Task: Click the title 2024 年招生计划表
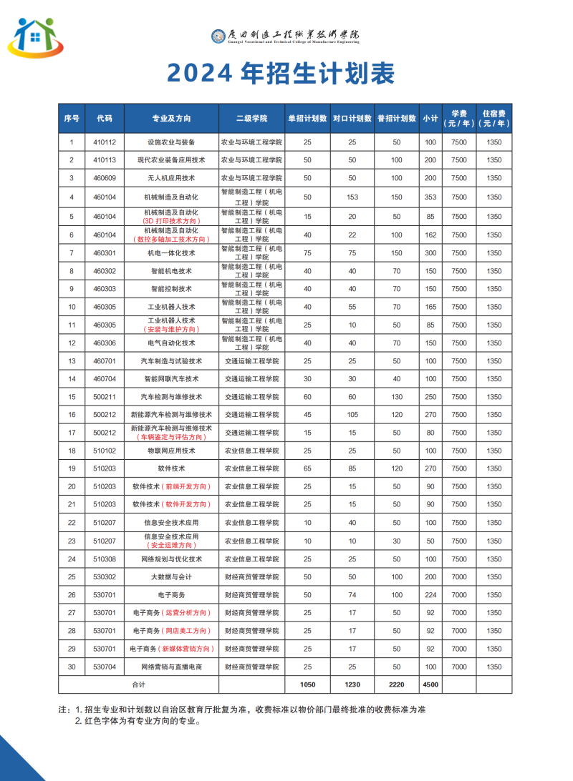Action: pyautogui.click(x=281, y=72)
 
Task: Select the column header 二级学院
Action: pyautogui.click(x=251, y=118)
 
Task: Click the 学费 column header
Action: pyautogui.click(x=459, y=118)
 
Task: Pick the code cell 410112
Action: pyautogui.click(x=105, y=142)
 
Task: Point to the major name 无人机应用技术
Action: pyautogui.click(x=171, y=177)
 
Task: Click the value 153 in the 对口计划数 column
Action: pyautogui.click(x=352, y=197)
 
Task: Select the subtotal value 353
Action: pyautogui.click(x=430, y=197)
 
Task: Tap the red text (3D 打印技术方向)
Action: pyautogui.click(x=171, y=221)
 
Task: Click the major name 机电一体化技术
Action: pyautogui.click(x=171, y=252)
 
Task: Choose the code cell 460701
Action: pyautogui.click(x=105, y=360)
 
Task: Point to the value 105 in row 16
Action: pyautogui.click(x=352, y=414)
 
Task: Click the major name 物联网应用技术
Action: pyautogui.click(x=171, y=451)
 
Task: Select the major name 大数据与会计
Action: pyautogui.click(x=171, y=576)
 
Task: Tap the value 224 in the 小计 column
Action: pyautogui.click(x=430, y=594)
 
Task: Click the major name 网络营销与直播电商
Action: pyautogui.click(x=171, y=667)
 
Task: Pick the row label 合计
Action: pyautogui.click(x=138, y=684)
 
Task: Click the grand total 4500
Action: pyautogui.click(x=430, y=684)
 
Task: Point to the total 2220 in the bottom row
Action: pyautogui.click(x=396, y=684)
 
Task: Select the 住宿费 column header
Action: pyautogui.click(x=494, y=118)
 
